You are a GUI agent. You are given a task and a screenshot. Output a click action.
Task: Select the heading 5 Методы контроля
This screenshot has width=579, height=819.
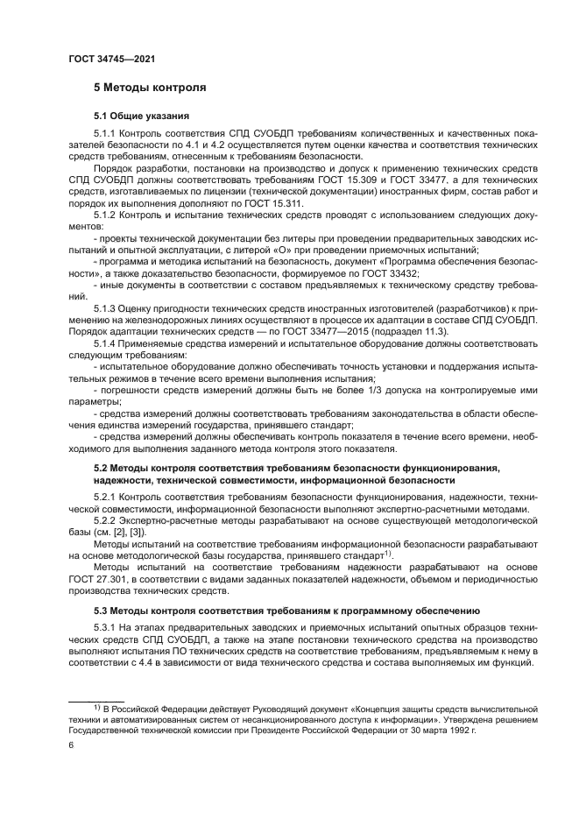click(x=150, y=88)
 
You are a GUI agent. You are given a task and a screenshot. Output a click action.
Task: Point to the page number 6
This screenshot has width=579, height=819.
click(x=71, y=745)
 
